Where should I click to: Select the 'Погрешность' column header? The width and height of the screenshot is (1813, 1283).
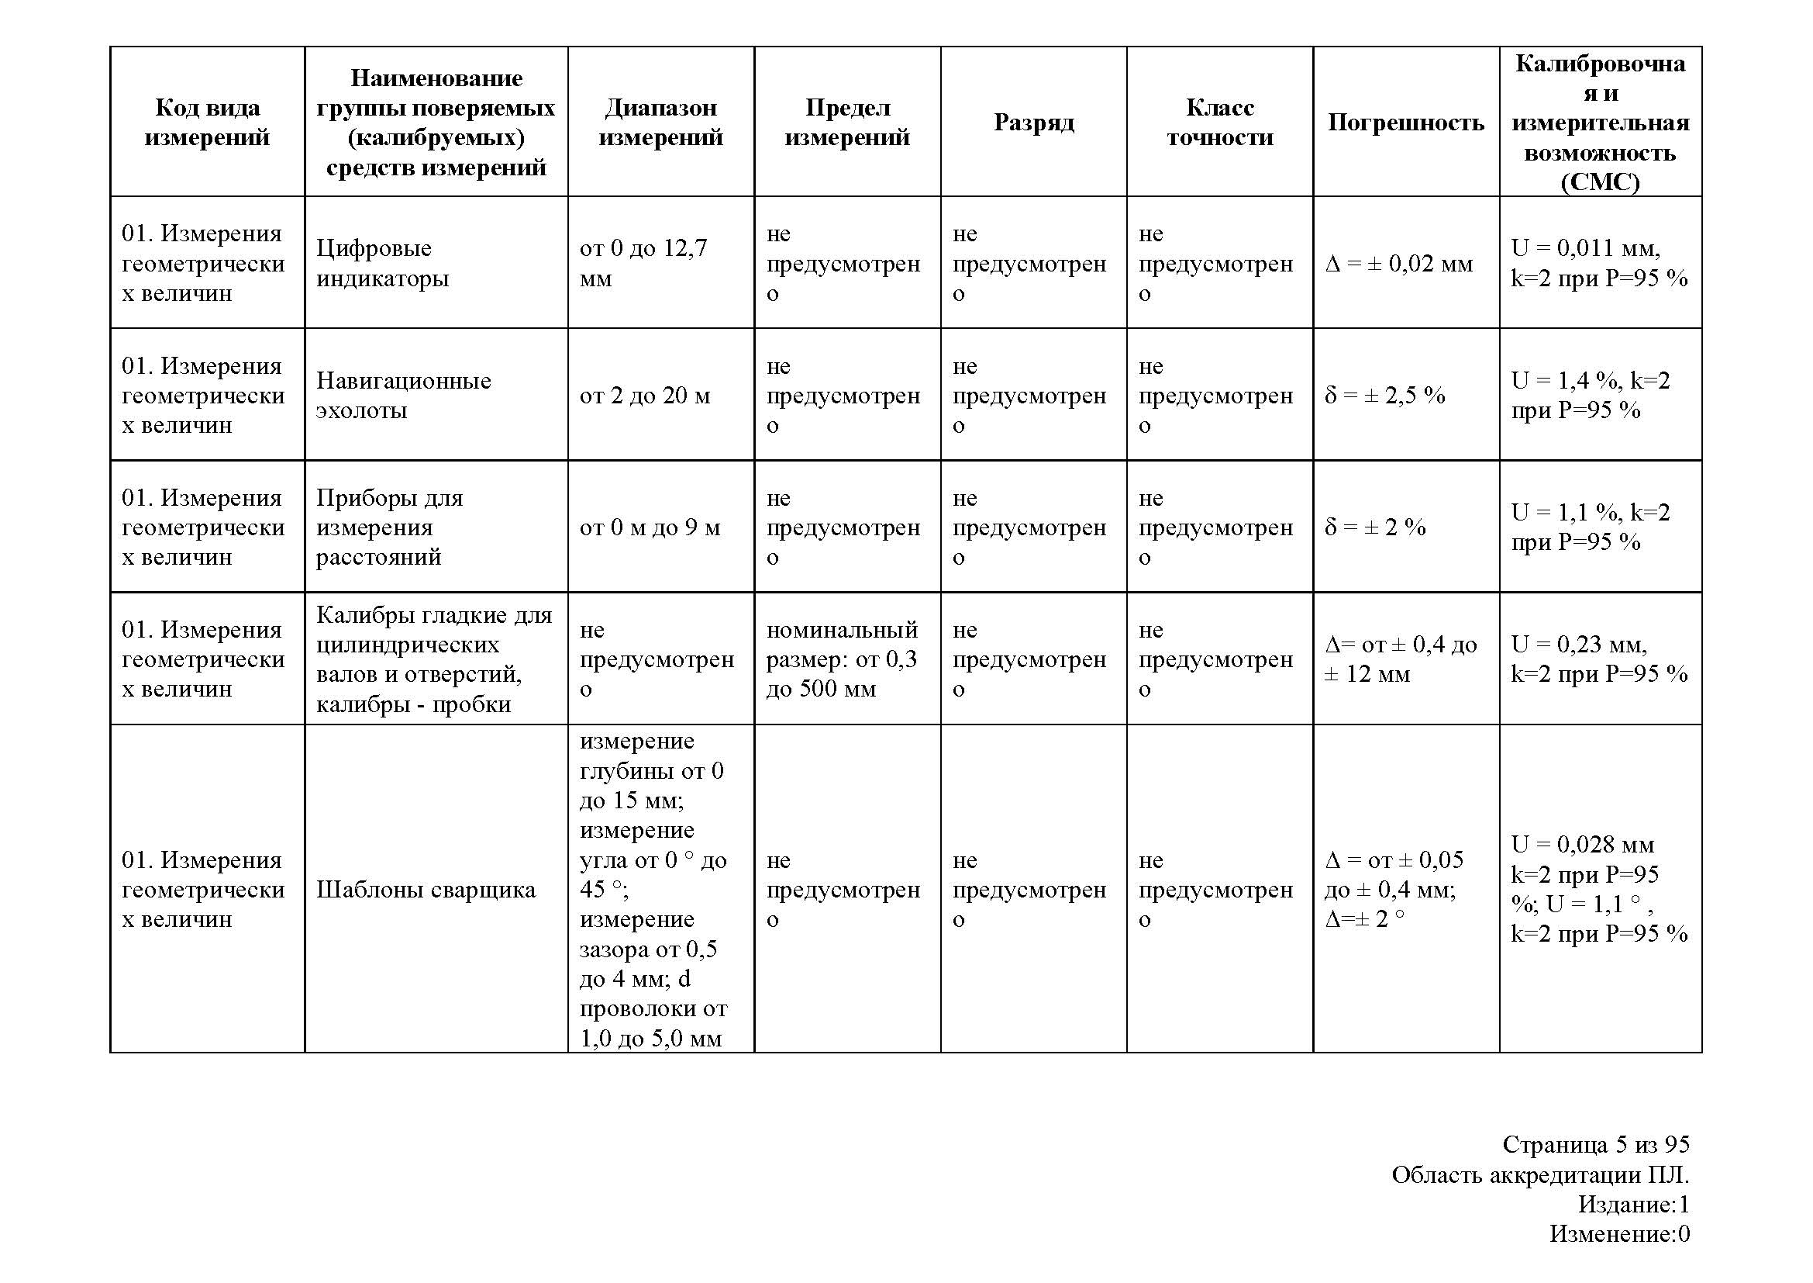click(x=1405, y=123)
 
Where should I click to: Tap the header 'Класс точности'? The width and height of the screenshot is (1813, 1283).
click(x=1219, y=123)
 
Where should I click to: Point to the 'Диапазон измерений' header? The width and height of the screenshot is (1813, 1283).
click(x=660, y=123)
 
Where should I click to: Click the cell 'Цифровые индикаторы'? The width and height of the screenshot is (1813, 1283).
click(x=383, y=263)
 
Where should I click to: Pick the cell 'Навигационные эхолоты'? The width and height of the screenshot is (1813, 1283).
click(x=404, y=395)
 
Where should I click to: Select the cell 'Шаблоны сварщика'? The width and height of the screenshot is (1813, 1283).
click(x=426, y=890)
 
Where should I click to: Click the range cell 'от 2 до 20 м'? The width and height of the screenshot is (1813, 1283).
click(x=644, y=395)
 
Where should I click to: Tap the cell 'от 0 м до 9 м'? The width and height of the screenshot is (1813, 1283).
click(x=649, y=527)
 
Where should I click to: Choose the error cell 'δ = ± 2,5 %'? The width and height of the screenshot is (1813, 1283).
click(x=1384, y=395)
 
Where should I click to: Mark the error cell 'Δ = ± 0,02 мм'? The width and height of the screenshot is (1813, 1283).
click(x=1398, y=263)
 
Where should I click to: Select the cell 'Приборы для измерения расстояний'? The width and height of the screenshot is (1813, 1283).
click(x=389, y=527)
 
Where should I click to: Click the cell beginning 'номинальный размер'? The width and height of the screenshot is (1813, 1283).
click(x=842, y=659)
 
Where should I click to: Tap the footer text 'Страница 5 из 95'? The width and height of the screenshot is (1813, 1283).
click(x=1595, y=1144)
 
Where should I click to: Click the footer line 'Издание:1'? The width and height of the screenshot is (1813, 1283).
click(x=1633, y=1204)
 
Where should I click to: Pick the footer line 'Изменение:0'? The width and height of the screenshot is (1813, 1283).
click(x=1618, y=1233)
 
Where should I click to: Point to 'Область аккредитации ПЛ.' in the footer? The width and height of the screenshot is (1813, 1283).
click(x=1540, y=1174)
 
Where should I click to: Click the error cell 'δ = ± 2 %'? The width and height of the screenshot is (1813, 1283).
click(x=1375, y=527)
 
